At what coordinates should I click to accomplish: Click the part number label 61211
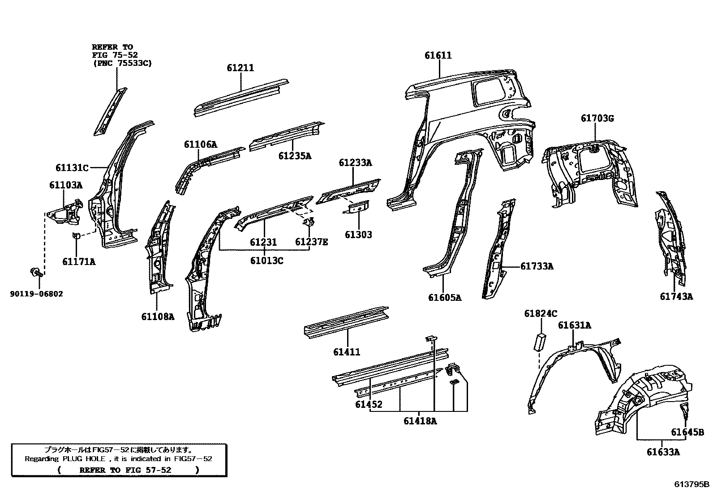(x=240, y=68)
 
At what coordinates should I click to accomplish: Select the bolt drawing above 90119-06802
(x=35, y=271)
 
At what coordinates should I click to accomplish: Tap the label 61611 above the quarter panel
(x=438, y=56)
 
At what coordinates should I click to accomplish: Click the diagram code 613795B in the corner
(x=692, y=484)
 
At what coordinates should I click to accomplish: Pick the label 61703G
(x=597, y=118)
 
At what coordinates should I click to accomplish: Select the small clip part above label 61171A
(x=76, y=236)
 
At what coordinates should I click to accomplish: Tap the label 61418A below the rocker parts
(x=420, y=421)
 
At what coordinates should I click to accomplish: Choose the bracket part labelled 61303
(x=357, y=208)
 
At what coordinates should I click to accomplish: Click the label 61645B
(x=687, y=432)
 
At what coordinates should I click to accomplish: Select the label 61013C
(x=266, y=260)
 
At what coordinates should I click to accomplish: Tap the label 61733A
(x=537, y=266)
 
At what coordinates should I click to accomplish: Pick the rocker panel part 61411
(x=346, y=321)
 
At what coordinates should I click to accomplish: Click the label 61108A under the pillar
(x=158, y=317)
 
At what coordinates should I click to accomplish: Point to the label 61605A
(x=444, y=297)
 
